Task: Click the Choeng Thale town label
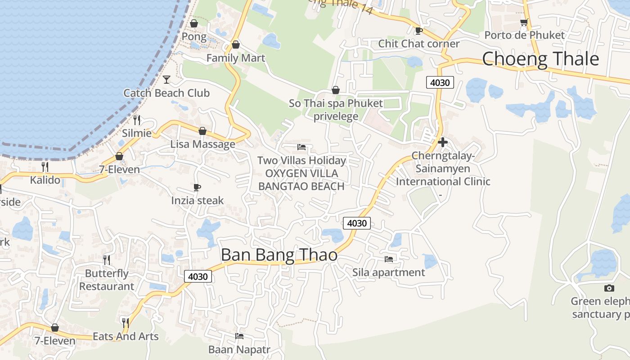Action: pos(540,59)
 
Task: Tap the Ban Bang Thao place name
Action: pos(279,255)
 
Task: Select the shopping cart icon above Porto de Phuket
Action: pos(524,22)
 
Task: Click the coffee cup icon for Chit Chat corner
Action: pos(418,31)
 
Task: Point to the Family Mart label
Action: pos(235,58)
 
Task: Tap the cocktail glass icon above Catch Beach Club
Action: pos(166,80)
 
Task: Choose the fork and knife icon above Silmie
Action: pos(137,120)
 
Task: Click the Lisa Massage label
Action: pos(202,144)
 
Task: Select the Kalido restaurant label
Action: pos(45,180)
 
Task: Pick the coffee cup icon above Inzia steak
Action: pos(197,187)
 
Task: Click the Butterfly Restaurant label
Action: pos(107,280)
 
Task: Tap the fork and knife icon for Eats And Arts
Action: pos(126,323)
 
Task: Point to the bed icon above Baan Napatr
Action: pos(239,336)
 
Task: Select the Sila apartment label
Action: pos(388,272)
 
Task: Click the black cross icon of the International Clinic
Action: pos(442,142)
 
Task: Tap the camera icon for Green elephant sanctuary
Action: pos(609,288)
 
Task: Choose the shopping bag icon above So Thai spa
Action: pos(335,90)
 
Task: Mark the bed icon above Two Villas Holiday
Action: pos(301,147)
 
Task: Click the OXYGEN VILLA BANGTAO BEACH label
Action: pos(301,180)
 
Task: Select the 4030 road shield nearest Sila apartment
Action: pos(356,223)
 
